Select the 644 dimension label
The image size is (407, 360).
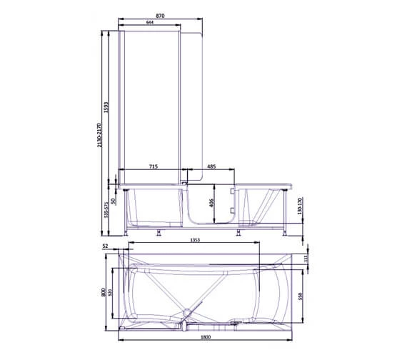pos(150,24)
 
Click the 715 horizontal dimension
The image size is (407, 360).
pos(153,166)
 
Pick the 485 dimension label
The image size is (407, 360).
pos(211,166)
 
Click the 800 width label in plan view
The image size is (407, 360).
pos(104,293)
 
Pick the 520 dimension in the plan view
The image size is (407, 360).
pos(112,293)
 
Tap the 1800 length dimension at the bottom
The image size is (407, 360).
pos(205,337)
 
